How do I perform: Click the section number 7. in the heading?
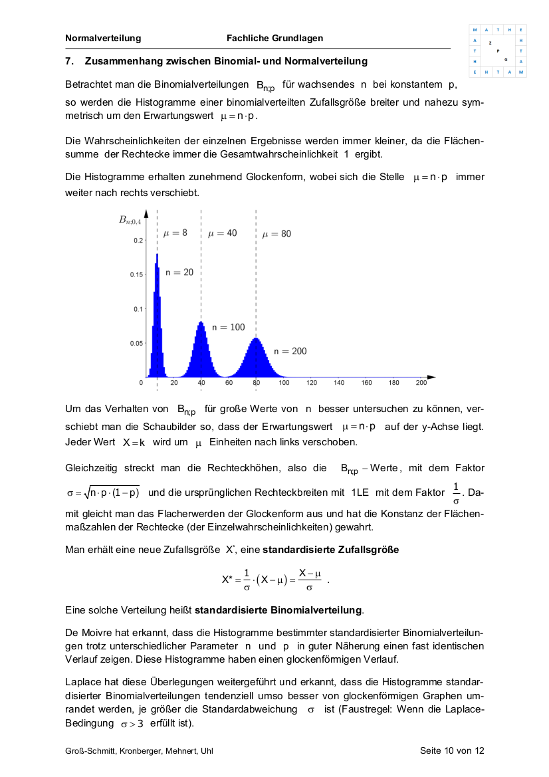click(69, 61)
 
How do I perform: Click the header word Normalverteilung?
click(103, 38)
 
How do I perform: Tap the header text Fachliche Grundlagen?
click(274, 38)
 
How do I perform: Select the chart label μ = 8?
click(175, 233)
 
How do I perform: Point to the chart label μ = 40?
click(222, 233)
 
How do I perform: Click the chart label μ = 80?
click(276, 233)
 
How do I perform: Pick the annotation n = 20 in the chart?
click(179, 273)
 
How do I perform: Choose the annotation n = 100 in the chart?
click(228, 327)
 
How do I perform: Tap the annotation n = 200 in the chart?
click(290, 351)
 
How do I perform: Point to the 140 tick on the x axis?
click(339, 383)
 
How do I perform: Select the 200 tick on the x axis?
click(421, 383)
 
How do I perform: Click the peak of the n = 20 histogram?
click(157, 255)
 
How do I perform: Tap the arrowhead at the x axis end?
click(433, 377)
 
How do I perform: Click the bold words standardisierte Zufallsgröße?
click(331, 550)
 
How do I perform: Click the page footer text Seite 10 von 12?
click(452, 750)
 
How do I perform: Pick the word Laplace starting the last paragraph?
click(82, 682)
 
